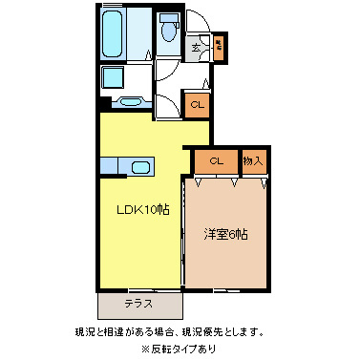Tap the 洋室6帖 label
pos(225,234)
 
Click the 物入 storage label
pos(253,161)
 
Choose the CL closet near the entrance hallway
pos(197,106)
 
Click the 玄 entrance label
pos(197,46)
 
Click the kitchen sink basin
pos(141,168)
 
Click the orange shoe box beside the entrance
pos(219,44)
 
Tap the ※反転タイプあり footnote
pos(179,349)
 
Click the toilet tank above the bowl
pos(169,19)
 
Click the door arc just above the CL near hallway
pos(195,84)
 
